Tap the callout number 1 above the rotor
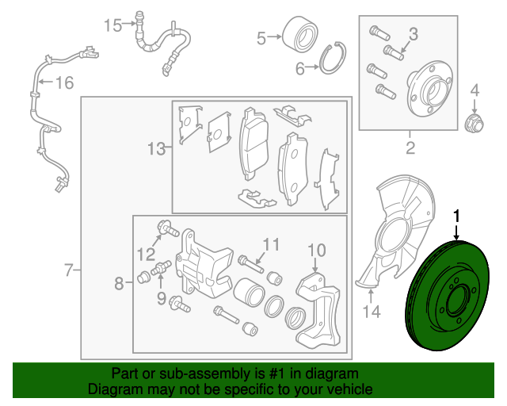[x=456, y=216]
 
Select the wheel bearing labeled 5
[x=299, y=34]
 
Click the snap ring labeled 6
[x=333, y=58]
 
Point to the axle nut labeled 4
[x=474, y=123]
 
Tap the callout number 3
[x=414, y=34]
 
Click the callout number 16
[x=65, y=82]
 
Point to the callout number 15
[x=112, y=25]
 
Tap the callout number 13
[x=157, y=149]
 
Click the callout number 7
[x=69, y=270]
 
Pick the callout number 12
[x=147, y=255]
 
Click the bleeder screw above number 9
[x=162, y=267]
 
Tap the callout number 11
[x=271, y=244]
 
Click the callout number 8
[x=119, y=284]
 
